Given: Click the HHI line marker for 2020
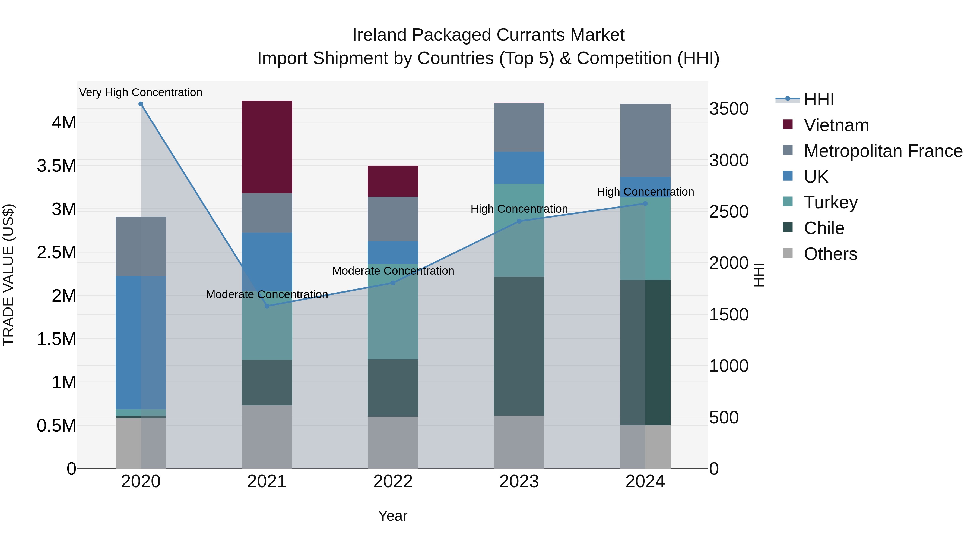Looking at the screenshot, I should tap(141, 104).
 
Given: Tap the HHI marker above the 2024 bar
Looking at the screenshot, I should tap(645, 203).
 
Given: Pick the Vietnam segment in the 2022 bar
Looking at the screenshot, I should tap(393, 181).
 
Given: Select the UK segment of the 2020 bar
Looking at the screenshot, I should tap(141, 342).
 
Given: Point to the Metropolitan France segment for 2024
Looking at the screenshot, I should tap(645, 140).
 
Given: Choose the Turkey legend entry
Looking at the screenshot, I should tap(831, 202).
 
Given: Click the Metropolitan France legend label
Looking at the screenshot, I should tap(883, 151).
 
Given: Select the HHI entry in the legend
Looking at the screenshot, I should tap(819, 99).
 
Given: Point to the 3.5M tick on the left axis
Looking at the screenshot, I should tap(56, 166).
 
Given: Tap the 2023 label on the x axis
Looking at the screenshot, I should tap(519, 482).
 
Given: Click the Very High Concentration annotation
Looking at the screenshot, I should tap(141, 92).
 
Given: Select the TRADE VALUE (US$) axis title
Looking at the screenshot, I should tap(8, 275).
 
